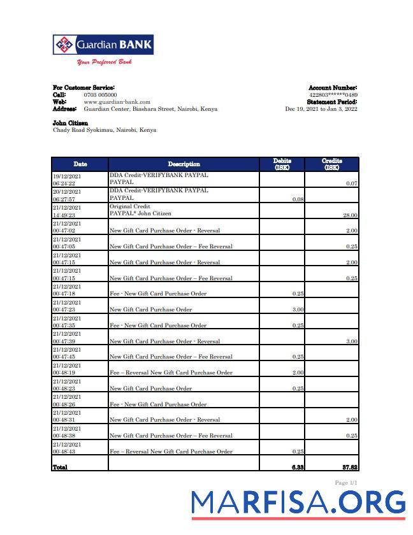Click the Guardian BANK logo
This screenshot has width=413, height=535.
(103, 45)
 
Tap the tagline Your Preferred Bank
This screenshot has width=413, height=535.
(104, 62)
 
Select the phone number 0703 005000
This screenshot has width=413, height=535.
(100, 95)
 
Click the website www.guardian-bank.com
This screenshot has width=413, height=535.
(117, 102)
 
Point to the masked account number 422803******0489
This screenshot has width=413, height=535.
(333, 95)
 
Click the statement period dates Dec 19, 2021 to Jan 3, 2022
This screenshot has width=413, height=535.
(321, 109)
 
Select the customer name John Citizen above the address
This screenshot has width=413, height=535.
(70, 123)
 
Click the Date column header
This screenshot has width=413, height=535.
(80, 164)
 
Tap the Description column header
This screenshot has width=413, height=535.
(184, 164)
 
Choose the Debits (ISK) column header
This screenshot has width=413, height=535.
(282, 164)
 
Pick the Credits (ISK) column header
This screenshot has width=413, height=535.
(332, 164)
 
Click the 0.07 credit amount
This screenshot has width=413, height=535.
(351, 183)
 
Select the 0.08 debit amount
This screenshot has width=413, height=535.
(297, 199)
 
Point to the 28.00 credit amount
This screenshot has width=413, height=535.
(350, 215)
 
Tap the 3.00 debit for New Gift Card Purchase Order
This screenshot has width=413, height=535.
(297, 310)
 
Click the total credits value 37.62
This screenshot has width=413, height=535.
(349, 467)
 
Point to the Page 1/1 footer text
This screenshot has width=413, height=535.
(346, 483)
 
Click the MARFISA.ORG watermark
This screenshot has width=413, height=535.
(298, 503)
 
